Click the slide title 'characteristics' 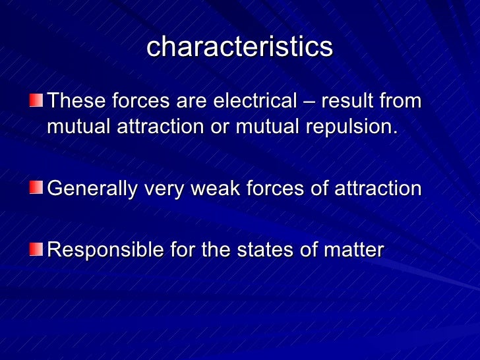click(x=239, y=47)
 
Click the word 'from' click(x=400, y=102)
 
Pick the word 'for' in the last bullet click(x=177, y=250)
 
